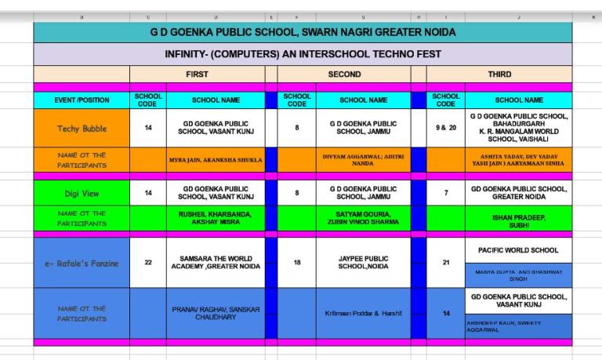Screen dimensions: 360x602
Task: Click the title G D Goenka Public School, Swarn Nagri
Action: (x=303, y=32)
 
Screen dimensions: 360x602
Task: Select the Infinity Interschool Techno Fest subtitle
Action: (x=303, y=54)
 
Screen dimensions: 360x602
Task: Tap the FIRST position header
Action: (x=197, y=75)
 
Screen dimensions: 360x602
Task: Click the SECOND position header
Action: (x=344, y=75)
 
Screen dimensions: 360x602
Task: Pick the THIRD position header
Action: (x=499, y=75)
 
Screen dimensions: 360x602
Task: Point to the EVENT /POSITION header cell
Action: (x=81, y=100)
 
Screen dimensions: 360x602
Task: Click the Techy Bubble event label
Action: (x=81, y=129)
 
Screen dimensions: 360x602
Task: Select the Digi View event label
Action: (x=81, y=192)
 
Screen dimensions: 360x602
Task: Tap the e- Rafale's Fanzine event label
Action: (x=81, y=263)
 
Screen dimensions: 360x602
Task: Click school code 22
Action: (x=149, y=263)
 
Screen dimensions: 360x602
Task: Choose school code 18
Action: (x=297, y=263)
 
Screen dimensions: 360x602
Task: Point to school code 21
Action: (x=445, y=263)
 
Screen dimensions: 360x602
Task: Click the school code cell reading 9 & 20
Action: (x=445, y=128)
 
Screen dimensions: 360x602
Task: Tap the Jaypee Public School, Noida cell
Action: (x=363, y=262)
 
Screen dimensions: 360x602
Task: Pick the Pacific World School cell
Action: (x=518, y=250)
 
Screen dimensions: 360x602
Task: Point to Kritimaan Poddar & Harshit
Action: (x=363, y=313)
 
